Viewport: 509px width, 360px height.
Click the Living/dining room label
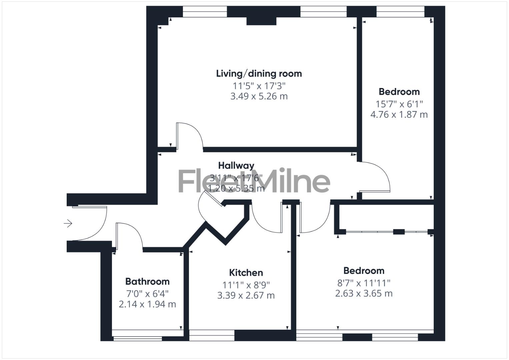tap(259, 74)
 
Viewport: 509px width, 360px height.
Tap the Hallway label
tap(236, 165)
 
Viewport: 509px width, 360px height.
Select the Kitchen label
tap(246, 273)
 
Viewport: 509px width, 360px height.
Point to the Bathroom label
tap(147, 282)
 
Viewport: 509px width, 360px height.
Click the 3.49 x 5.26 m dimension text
tap(259, 96)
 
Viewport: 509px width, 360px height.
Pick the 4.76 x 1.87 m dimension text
tap(399, 115)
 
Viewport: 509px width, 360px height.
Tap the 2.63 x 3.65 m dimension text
tap(364, 294)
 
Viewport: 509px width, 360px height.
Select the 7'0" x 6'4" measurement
tap(147, 294)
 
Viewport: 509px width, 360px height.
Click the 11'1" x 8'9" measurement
tap(246, 285)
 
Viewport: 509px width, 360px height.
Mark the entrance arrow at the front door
tap(68, 223)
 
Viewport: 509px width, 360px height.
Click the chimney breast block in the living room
tap(261, 21)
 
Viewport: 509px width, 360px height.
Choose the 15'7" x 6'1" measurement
tap(399, 104)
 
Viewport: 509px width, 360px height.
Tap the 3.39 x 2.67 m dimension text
tap(246, 296)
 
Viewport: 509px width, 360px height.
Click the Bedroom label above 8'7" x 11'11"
tap(364, 271)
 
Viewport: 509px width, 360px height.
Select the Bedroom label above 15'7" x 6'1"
tap(399, 92)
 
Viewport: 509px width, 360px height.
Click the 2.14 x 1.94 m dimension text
tap(147, 304)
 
